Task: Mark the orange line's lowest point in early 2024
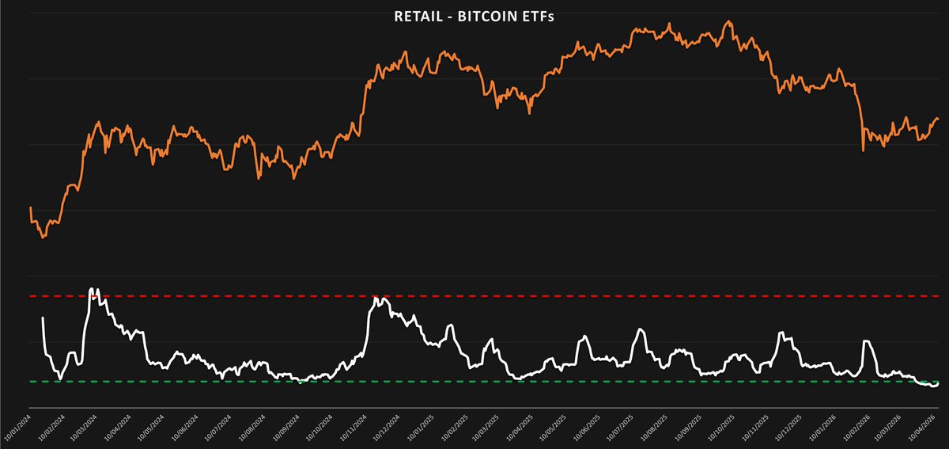43,237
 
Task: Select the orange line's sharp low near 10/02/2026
863,150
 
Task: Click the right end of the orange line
938,119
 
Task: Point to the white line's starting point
42,318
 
